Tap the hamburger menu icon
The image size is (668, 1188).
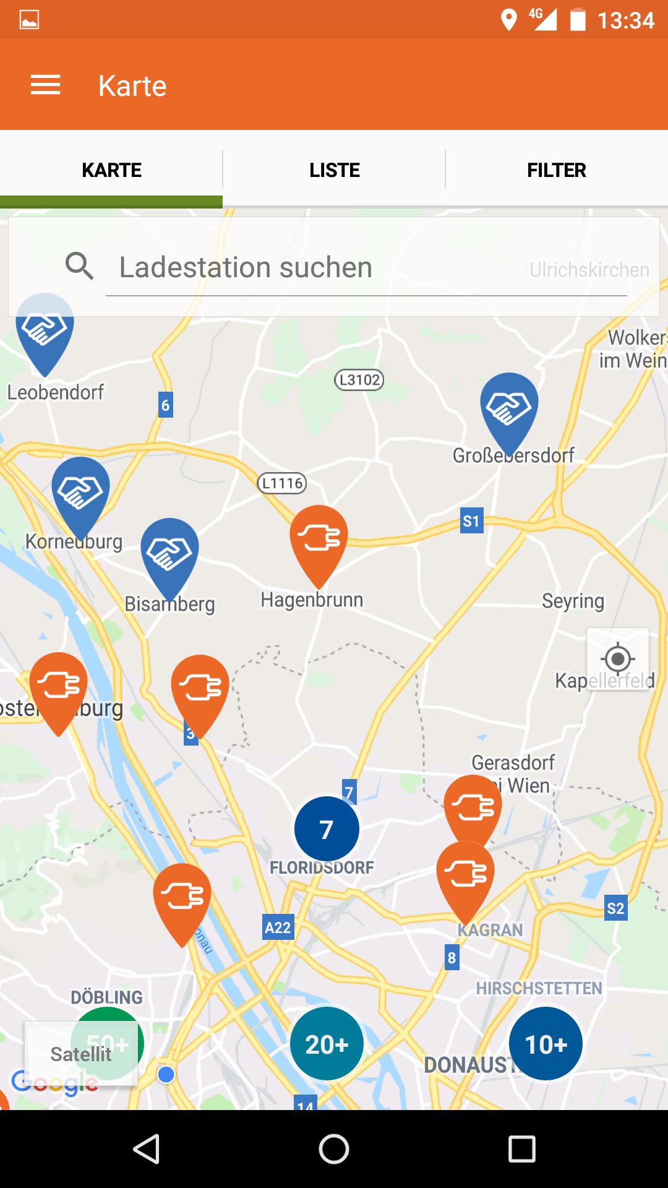click(x=46, y=85)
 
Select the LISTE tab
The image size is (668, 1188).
click(x=334, y=170)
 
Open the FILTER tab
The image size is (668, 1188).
click(x=557, y=170)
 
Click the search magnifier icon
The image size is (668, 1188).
click(x=80, y=267)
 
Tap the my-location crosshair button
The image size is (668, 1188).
click(x=617, y=659)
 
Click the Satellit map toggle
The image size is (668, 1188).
click(x=81, y=1054)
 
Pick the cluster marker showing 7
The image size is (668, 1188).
click(x=327, y=829)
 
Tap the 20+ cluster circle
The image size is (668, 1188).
click(x=327, y=1044)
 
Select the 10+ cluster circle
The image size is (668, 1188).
click(x=546, y=1044)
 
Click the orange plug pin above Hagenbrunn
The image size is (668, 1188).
click(x=319, y=538)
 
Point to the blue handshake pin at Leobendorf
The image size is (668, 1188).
click(x=45, y=329)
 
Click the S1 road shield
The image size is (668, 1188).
click(x=471, y=521)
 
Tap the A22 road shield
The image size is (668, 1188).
click(x=278, y=928)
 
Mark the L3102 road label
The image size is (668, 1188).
click(x=359, y=379)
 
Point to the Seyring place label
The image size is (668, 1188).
click(x=573, y=601)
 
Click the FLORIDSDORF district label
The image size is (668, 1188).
click(x=322, y=867)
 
